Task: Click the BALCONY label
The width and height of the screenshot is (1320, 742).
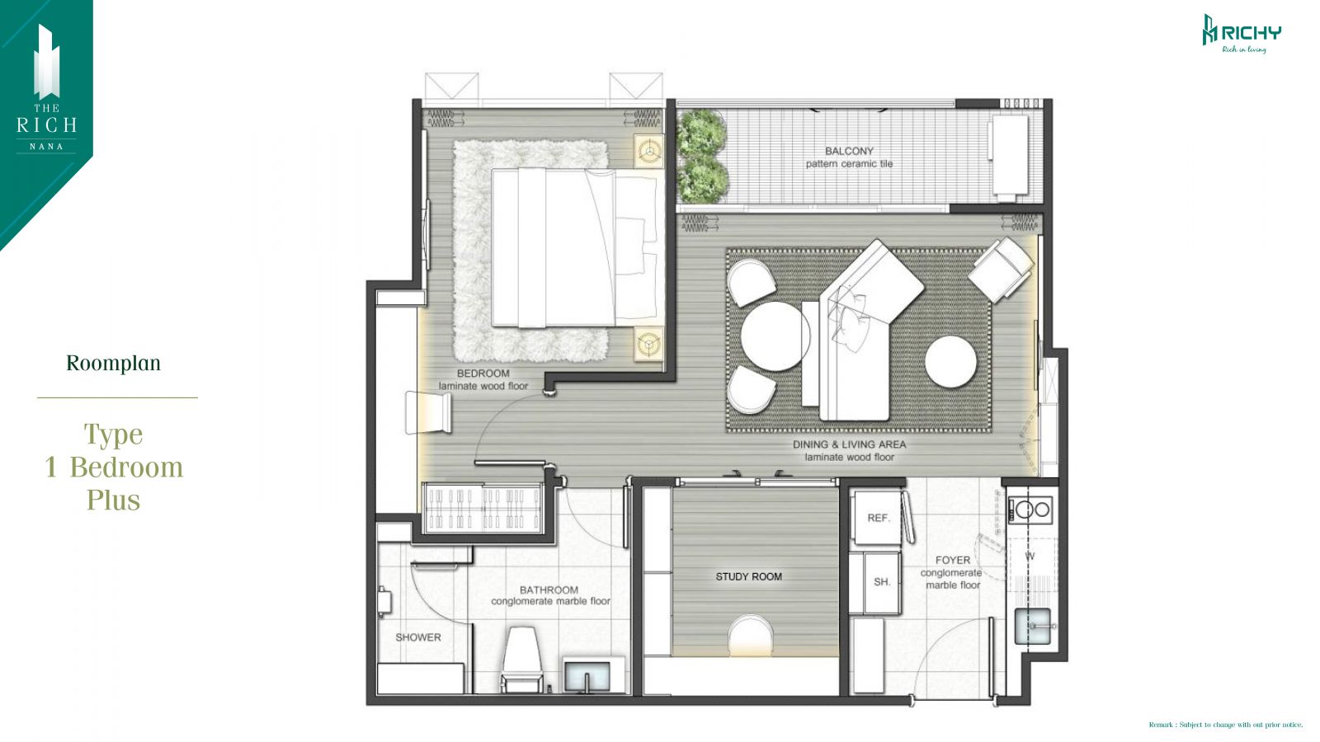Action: tap(849, 152)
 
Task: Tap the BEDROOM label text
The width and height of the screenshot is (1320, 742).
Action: tap(483, 373)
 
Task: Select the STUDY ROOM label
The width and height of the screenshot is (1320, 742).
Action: tap(748, 576)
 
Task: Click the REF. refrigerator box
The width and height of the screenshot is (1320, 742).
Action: tap(878, 518)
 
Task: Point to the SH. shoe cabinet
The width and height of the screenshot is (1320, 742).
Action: tap(882, 582)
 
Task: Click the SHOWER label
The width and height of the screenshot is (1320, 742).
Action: tap(417, 637)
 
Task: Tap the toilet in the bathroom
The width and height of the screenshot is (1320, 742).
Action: tap(522, 659)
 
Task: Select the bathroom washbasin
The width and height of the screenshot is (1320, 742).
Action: tap(587, 676)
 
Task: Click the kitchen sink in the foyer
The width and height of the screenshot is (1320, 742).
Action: tap(1032, 626)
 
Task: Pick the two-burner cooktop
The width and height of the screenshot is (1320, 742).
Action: tap(1030, 510)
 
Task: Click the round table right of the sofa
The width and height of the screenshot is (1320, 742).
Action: tap(950, 362)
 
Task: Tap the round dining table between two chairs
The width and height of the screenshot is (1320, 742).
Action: tap(775, 336)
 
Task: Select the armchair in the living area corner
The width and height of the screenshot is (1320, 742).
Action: tap(1001, 270)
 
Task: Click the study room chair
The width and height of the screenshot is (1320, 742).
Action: tap(750, 635)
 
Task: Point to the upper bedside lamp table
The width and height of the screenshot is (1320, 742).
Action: tap(649, 152)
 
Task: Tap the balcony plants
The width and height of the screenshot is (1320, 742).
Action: tap(702, 157)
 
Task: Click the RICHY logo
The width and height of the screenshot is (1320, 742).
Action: tap(1242, 34)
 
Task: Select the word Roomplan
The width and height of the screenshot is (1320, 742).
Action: tap(113, 364)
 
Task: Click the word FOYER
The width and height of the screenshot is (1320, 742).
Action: tap(952, 560)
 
